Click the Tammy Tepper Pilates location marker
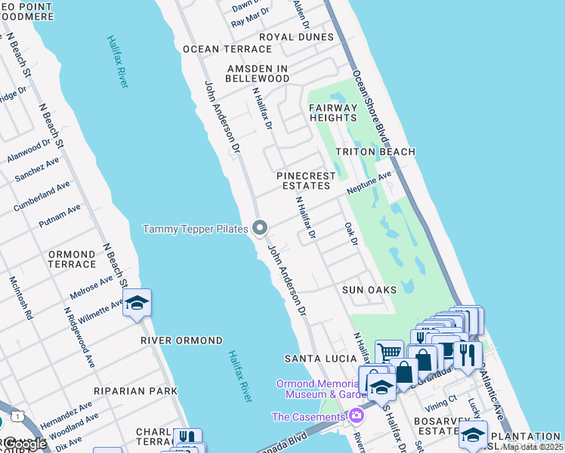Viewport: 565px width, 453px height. (x=261, y=227)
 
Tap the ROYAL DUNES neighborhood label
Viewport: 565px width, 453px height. (x=296, y=37)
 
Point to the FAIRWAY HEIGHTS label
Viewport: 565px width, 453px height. (x=332, y=112)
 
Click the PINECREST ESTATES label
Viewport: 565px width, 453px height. (x=306, y=180)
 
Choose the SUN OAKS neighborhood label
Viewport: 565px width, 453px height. (x=369, y=290)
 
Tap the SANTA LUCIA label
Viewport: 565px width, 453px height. (x=315, y=357)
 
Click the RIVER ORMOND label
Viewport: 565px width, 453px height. (x=182, y=341)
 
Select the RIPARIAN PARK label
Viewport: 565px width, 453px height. (x=135, y=391)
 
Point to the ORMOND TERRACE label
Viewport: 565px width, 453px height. (x=72, y=260)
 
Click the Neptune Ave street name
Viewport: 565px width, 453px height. (x=369, y=183)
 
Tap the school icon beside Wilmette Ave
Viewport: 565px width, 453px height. (x=137, y=304)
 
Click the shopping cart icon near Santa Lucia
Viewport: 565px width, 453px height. (x=389, y=352)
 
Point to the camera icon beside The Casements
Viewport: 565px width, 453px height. (x=355, y=416)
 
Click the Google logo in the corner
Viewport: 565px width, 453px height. (x=25, y=445)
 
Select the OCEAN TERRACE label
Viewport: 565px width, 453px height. (x=216, y=49)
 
